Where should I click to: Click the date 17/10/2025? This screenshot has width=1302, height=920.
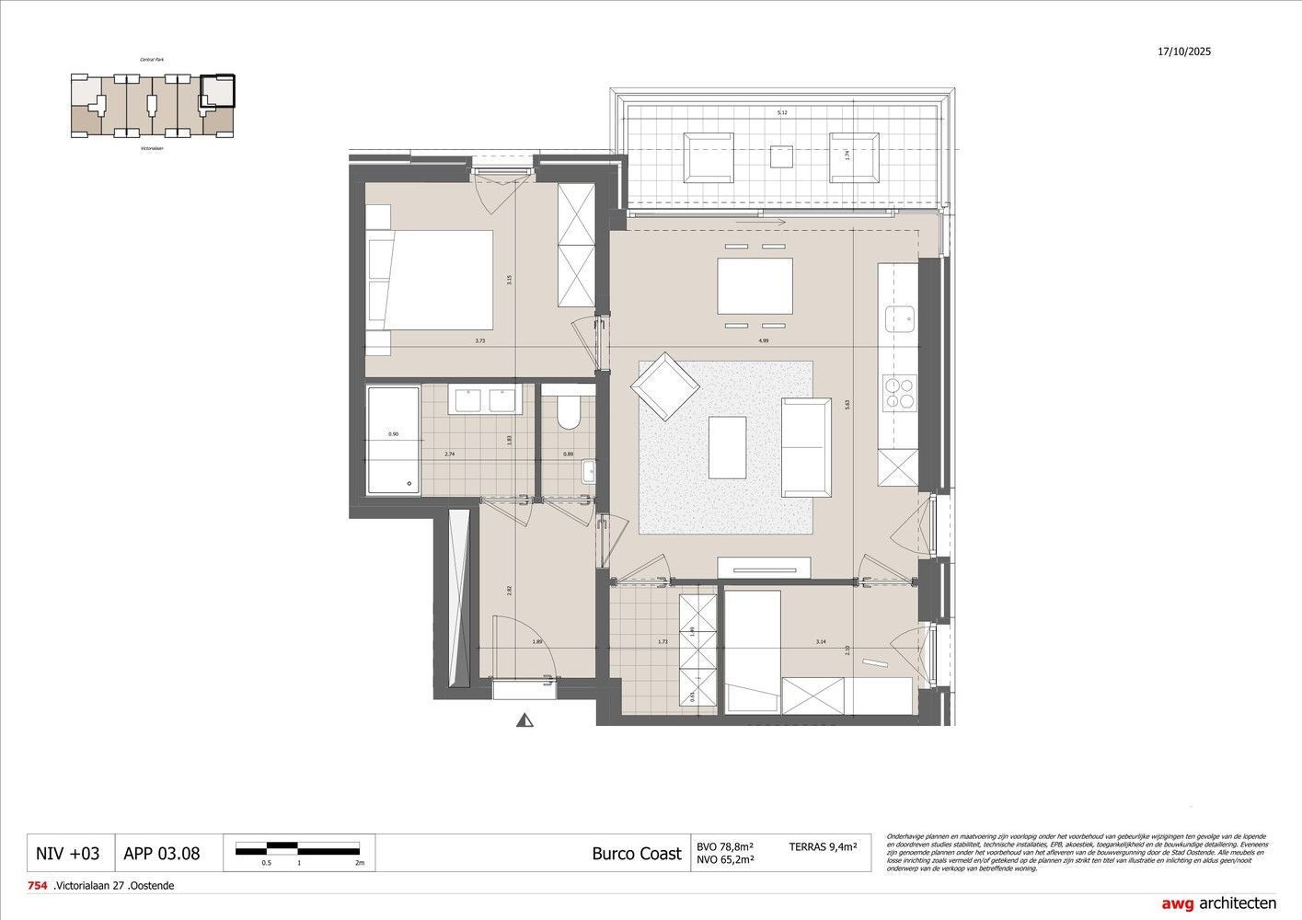[x=1184, y=52]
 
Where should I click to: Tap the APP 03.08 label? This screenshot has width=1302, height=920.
[x=161, y=853]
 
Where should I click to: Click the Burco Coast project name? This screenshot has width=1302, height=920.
[x=636, y=853]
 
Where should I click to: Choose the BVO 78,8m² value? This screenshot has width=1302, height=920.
[x=725, y=845]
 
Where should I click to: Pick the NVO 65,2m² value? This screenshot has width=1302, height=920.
[x=725, y=860]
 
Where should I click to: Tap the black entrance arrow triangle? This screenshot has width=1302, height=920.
[x=524, y=721]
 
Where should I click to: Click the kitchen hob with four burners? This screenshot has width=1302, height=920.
[x=898, y=393]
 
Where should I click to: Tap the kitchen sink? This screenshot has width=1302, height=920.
[x=899, y=319]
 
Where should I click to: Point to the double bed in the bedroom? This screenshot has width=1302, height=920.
[x=430, y=280]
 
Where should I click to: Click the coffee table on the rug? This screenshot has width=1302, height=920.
[x=727, y=447]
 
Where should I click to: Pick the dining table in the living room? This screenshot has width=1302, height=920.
[x=755, y=286]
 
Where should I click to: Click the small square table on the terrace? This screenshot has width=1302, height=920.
[x=781, y=156]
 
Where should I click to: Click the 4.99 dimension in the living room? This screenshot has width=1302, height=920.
[x=763, y=340]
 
